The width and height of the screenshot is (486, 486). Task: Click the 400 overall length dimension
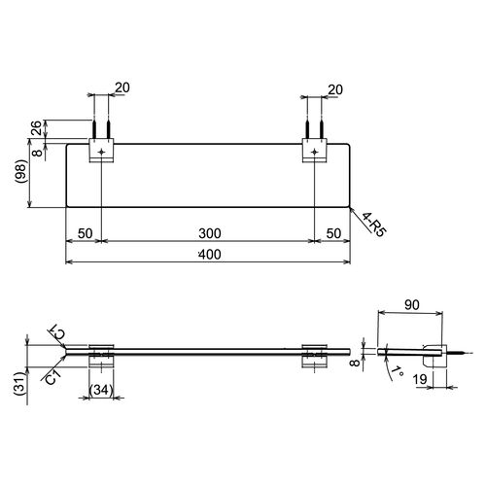click(x=210, y=255)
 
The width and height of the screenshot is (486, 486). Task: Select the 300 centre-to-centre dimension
click(x=210, y=233)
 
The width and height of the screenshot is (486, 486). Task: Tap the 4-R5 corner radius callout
click(x=374, y=225)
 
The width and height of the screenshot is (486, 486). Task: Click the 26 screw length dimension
click(x=36, y=127)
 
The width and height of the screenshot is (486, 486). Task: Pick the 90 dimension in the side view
click(x=412, y=304)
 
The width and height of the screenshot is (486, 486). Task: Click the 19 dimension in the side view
click(x=420, y=379)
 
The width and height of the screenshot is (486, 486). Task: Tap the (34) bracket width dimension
click(x=100, y=390)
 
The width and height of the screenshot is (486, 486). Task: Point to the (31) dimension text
click(x=19, y=383)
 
